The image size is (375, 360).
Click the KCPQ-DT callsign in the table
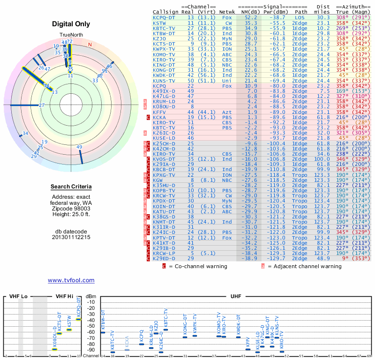coord(165,17)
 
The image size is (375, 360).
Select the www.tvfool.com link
coord(71,280)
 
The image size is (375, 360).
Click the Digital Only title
coord(71,24)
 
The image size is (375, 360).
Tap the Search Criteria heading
coord(71,187)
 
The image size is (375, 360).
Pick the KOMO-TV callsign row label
coord(165,54)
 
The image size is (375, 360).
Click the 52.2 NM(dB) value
coord(247,17)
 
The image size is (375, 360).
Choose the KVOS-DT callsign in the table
coord(165,159)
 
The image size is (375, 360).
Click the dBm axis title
coord(91,297)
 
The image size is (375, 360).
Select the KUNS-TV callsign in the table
coord(165,81)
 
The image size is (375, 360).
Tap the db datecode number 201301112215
coord(71,237)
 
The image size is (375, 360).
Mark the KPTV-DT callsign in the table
coord(165,238)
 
